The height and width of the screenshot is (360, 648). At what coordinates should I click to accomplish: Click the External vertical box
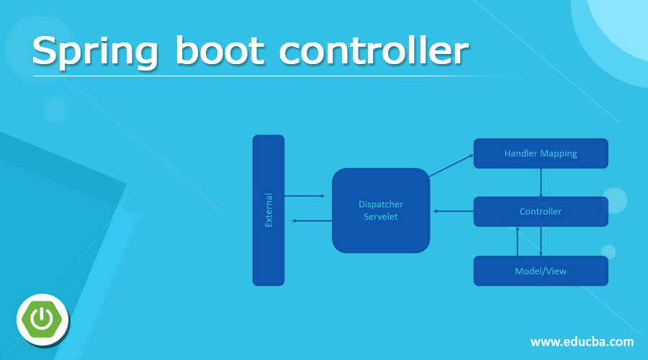(x=269, y=210)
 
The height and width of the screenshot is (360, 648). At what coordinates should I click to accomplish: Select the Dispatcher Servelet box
(x=381, y=210)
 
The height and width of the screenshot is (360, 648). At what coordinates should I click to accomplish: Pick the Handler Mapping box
(x=541, y=153)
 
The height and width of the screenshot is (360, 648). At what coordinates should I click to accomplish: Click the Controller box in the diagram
(x=541, y=212)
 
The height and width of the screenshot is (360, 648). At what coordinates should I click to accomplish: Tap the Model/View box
(x=541, y=271)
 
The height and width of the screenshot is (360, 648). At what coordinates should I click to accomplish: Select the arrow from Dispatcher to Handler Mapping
(x=451, y=166)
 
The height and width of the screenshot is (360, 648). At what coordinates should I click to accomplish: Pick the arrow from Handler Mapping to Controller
(x=541, y=182)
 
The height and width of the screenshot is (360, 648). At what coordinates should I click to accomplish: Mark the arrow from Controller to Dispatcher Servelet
(x=454, y=212)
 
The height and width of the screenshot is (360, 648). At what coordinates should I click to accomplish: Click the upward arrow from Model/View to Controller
(x=518, y=241)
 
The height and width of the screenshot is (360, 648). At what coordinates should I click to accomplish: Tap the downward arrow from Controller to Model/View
(x=541, y=241)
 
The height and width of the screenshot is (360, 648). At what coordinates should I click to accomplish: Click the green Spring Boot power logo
(x=42, y=318)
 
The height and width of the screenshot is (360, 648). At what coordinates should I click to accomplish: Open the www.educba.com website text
(x=582, y=341)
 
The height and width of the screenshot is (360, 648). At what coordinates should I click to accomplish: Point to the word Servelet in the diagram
(x=381, y=217)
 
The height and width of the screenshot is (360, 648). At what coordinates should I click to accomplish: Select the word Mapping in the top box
(x=560, y=153)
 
